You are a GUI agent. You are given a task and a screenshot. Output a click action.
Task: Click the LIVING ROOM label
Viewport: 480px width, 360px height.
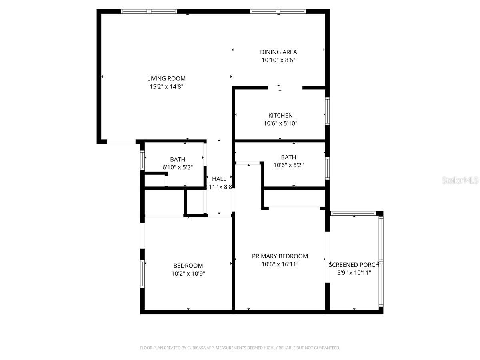click(166, 79)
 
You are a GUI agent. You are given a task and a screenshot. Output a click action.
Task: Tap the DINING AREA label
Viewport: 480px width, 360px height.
click(278, 52)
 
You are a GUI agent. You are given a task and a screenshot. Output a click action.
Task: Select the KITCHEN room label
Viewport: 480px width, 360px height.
click(280, 116)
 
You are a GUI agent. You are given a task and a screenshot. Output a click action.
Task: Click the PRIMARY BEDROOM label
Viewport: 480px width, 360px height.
click(280, 256)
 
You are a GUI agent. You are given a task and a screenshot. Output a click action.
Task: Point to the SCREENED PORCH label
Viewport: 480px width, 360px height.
click(354, 265)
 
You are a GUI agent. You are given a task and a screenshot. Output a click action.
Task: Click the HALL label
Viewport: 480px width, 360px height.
click(219, 179)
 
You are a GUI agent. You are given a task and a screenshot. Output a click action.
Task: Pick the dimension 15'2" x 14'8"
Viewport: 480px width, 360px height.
click(166, 86)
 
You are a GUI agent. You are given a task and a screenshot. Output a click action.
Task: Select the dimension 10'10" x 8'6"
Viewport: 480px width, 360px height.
click(278, 60)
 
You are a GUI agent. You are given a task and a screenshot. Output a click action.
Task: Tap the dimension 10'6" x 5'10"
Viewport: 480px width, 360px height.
click(280, 124)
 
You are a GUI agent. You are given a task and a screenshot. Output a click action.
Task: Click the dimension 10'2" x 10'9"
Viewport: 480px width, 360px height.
click(188, 274)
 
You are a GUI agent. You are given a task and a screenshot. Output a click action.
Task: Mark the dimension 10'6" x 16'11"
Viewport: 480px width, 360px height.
click(280, 264)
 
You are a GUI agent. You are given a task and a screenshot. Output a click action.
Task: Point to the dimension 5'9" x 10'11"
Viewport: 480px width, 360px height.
click(354, 273)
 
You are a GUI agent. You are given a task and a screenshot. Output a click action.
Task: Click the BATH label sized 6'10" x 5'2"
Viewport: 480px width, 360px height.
click(178, 160)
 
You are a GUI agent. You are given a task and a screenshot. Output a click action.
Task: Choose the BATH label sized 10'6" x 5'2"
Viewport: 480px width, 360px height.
click(288, 157)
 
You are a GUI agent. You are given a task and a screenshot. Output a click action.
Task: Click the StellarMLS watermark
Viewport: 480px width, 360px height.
click(460, 180)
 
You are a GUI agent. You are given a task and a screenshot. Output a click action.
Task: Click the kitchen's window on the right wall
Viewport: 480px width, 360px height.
click(327, 111)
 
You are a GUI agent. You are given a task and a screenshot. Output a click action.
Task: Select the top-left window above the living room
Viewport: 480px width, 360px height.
click(149, 11)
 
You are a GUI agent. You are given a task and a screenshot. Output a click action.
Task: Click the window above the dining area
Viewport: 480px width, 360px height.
click(278, 11)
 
